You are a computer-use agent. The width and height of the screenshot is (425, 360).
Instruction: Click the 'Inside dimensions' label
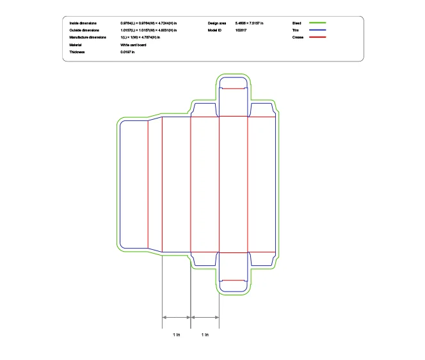click(83, 23)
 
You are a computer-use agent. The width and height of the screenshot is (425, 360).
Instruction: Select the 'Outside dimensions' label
click(84, 30)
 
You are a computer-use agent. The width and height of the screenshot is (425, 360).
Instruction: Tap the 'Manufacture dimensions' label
click(88, 38)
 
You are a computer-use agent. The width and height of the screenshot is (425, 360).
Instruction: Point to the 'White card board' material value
click(133, 45)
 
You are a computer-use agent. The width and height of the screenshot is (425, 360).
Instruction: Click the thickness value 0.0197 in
click(127, 52)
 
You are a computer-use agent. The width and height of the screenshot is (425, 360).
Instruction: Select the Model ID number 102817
click(241, 30)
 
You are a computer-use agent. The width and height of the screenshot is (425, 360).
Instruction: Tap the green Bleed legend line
click(317, 23)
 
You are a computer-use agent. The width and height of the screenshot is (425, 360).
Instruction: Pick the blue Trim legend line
click(317, 30)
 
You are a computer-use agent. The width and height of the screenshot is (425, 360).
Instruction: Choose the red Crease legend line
click(317, 38)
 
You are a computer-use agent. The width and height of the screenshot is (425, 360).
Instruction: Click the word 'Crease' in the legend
click(298, 38)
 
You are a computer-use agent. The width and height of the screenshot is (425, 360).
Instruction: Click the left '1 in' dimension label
click(177, 335)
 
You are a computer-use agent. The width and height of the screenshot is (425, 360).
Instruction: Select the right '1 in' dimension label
click(205, 335)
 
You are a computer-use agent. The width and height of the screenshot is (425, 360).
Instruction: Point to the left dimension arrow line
click(177, 317)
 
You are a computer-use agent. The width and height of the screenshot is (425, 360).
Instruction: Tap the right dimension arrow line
click(205, 317)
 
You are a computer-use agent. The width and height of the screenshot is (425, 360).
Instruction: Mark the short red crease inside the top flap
click(233, 88)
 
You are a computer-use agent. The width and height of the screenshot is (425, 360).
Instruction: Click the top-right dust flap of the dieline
click(261, 110)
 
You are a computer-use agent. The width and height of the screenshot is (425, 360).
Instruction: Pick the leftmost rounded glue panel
click(134, 184)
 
